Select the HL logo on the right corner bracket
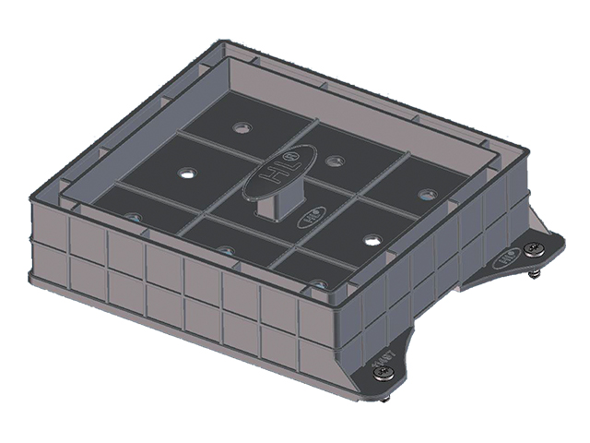pos(508,259)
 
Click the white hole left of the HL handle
pos(188,173)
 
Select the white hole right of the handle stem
pos(372,239)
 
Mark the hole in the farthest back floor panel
pos(244,126)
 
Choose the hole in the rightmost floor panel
pos(427,194)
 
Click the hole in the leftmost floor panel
pos(135,218)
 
